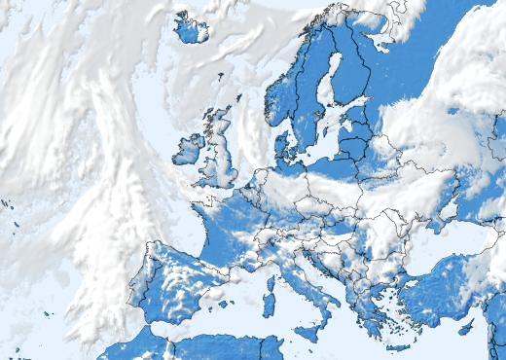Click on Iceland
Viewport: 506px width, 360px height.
click(191, 29)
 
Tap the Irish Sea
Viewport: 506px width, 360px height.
click(202, 156)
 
